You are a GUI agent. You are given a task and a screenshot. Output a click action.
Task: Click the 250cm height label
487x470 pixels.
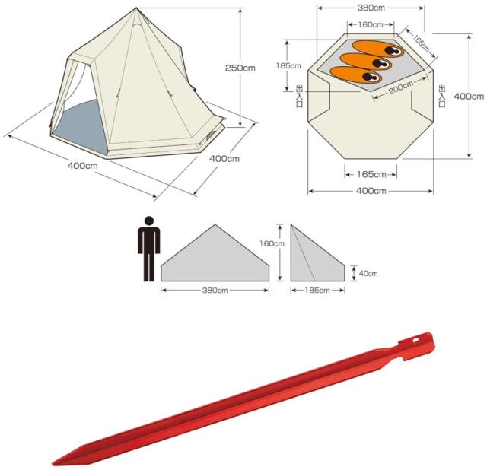click(x=240, y=68)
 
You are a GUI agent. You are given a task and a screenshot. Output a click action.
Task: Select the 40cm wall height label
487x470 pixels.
click(x=368, y=274)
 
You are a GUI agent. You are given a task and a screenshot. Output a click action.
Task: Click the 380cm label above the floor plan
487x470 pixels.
click(x=371, y=8)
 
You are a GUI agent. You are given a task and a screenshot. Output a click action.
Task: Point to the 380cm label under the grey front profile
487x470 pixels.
click(x=215, y=291)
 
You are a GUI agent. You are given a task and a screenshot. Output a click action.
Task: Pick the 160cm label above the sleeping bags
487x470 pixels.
click(x=371, y=24)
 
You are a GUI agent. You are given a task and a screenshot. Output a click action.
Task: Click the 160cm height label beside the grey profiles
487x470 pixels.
click(x=272, y=243)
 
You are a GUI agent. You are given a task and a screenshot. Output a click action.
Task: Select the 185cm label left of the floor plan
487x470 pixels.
click(x=288, y=66)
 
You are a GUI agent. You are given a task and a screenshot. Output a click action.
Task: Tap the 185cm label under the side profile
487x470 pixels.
click(x=317, y=291)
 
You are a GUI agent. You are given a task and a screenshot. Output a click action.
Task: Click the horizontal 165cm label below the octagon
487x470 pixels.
click(x=371, y=174)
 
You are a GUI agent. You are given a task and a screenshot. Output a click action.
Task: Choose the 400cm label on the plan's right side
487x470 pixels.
click(x=469, y=97)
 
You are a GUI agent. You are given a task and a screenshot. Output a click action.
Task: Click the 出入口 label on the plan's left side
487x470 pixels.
click(x=299, y=97)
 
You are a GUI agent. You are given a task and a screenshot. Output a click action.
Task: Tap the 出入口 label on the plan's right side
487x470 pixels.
click(x=441, y=96)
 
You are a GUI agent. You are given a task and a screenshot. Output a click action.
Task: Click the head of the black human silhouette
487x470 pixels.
click(x=149, y=221)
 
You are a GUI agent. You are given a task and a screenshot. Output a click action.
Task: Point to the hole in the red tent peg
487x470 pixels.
click(x=415, y=340)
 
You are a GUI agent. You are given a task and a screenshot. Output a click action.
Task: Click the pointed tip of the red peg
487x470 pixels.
click(x=53, y=464)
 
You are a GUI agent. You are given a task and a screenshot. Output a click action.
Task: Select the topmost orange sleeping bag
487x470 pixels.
click(x=378, y=49)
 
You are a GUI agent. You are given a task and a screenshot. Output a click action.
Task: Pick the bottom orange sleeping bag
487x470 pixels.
click(x=356, y=75)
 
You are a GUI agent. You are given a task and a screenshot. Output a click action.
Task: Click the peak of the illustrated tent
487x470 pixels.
click(x=136, y=8)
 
